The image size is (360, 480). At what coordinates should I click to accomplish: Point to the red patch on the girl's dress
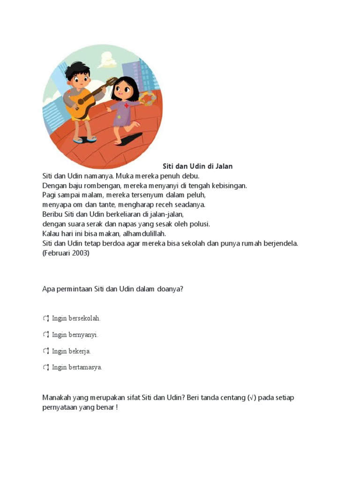pyautogui.click(x=126, y=106)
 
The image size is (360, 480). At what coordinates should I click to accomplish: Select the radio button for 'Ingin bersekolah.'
pyautogui.click(x=46, y=319)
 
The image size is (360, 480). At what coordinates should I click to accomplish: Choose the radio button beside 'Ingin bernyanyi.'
pyautogui.click(x=46, y=335)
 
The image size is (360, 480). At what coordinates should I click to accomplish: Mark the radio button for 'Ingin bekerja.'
pyautogui.click(x=46, y=351)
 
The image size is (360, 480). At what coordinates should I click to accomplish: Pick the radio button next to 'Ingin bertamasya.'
pyautogui.click(x=46, y=367)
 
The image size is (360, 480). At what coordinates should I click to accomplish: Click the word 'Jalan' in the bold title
pyautogui.click(x=223, y=166)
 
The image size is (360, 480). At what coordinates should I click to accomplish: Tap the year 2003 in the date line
pyautogui.click(x=80, y=253)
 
